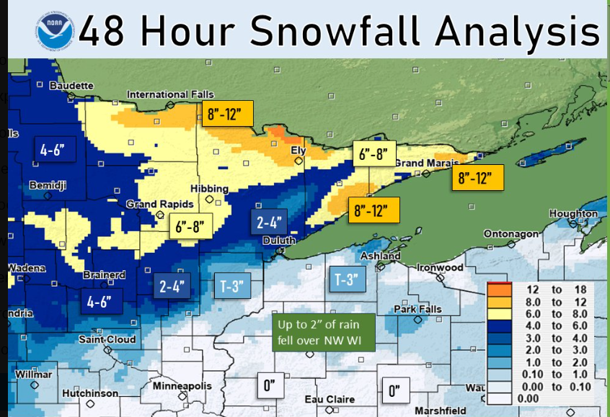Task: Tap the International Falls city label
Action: pyautogui.click(x=167, y=94)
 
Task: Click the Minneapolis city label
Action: pyautogui.click(x=185, y=387)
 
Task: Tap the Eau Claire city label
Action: pyautogui.click(x=330, y=399)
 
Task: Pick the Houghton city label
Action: pyautogui.click(x=573, y=214)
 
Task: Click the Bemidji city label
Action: pyautogui.click(x=48, y=186)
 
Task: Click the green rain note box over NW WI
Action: pyautogui.click(x=324, y=332)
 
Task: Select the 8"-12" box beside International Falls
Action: pyautogui.click(x=228, y=114)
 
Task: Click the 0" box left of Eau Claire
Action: pyautogui.click(x=270, y=386)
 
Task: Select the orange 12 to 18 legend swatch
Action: pyautogui.click(x=500, y=288)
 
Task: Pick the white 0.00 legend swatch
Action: pyautogui.click(x=500, y=398)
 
